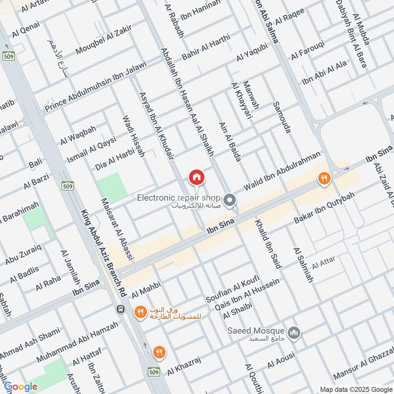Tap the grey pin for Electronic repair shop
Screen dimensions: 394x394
[x=230, y=200]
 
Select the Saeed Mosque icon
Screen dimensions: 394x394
[x=294, y=333]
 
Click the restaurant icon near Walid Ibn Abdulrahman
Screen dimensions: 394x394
[x=324, y=179]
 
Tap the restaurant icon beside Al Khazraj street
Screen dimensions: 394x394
[x=159, y=352]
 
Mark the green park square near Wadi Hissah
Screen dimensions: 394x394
[x=112, y=188]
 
